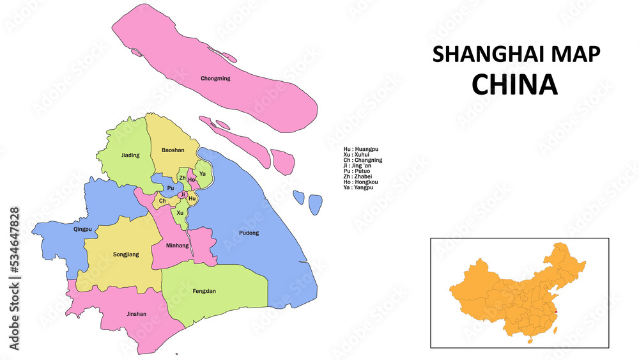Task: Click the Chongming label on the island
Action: pyautogui.click(x=215, y=79)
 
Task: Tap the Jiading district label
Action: pyautogui.click(x=130, y=155)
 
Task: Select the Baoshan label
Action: pyautogui.click(x=173, y=150)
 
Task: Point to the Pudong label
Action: pyautogui.click(x=249, y=233)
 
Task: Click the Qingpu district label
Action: pyautogui.click(x=83, y=228)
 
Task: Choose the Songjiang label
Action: pyautogui.click(x=126, y=254)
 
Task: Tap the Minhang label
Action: pyautogui.click(x=177, y=245)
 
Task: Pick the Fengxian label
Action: pyautogui.click(x=204, y=291)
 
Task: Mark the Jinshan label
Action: pyautogui.click(x=136, y=314)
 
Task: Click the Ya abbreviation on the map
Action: pyautogui.click(x=203, y=173)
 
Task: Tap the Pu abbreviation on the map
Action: pyautogui.click(x=170, y=188)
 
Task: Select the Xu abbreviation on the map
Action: pyautogui.click(x=180, y=212)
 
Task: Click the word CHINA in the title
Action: pyautogui.click(x=514, y=84)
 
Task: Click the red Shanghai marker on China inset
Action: pyautogui.click(x=555, y=312)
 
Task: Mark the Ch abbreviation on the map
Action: pyautogui.click(x=162, y=201)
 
